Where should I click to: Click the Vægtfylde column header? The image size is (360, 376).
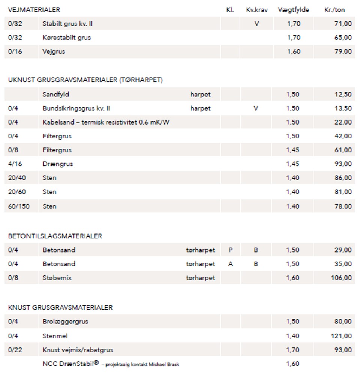point(293,10)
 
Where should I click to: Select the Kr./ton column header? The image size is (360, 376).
point(334,10)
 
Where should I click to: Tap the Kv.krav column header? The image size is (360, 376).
point(257,10)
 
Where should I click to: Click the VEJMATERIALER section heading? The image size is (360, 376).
point(34,10)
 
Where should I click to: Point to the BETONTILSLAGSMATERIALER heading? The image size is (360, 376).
point(55,236)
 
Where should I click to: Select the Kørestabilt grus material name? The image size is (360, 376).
point(66,38)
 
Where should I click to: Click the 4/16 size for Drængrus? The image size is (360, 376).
point(15,164)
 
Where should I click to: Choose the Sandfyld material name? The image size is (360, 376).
point(55,95)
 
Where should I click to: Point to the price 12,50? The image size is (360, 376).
point(343,95)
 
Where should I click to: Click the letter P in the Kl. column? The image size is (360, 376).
point(230,250)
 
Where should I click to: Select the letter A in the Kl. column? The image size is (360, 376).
point(230,264)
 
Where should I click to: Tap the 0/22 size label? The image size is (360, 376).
point(15,350)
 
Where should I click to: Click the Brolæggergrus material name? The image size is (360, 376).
point(65,322)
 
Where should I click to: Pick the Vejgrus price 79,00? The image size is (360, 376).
point(343,51)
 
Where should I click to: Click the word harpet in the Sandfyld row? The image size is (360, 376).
point(200,95)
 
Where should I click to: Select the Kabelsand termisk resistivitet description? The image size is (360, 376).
point(106,122)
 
